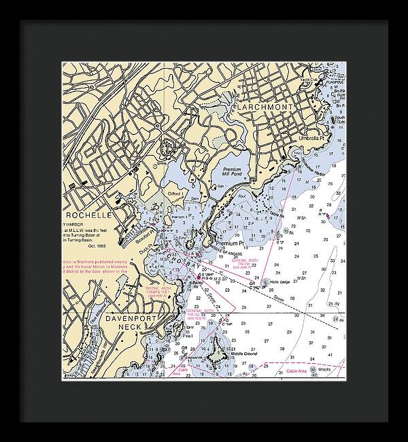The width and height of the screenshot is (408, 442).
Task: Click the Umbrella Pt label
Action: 313,139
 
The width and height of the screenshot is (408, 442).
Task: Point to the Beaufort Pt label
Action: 142,235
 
